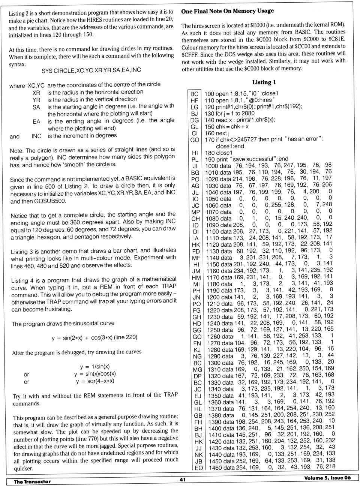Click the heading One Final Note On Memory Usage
point(227,11)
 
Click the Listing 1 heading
point(264,82)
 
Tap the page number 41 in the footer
point(182,479)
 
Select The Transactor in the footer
point(32,481)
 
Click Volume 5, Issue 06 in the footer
point(327,478)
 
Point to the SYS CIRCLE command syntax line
point(91,70)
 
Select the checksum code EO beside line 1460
point(198,468)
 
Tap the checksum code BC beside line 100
point(194,94)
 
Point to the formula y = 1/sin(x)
point(94,367)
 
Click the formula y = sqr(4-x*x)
point(95,381)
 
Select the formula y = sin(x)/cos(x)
point(95,374)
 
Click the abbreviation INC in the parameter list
point(36,136)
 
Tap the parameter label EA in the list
point(36,121)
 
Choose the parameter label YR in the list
point(36,100)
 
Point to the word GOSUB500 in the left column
point(50,201)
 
